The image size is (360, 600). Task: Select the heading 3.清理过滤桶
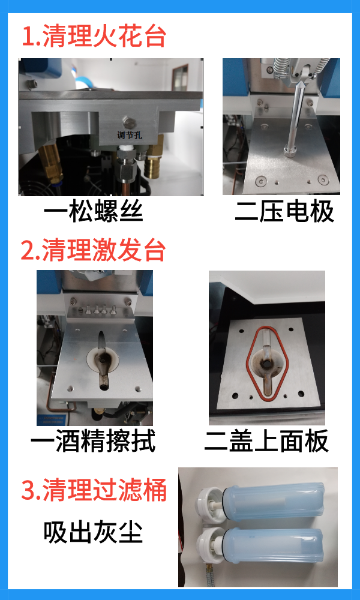point(94,490)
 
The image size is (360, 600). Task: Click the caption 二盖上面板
point(266,442)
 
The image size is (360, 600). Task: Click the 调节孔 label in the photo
point(127,136)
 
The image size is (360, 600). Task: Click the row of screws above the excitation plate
point(98,310)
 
